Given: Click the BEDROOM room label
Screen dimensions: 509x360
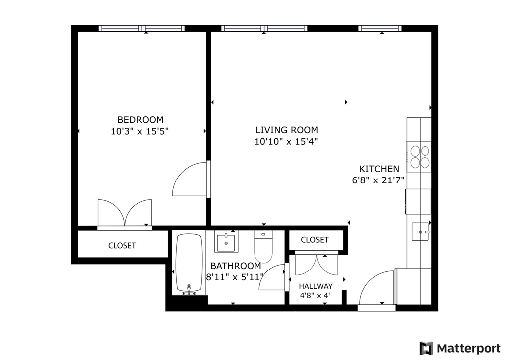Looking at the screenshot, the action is coord(140,120).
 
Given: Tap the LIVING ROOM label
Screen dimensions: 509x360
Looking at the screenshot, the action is coord(287,130).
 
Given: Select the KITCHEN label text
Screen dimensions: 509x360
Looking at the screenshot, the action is coord(379,169).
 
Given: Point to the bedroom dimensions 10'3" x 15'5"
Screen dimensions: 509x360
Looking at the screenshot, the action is coord(140,131).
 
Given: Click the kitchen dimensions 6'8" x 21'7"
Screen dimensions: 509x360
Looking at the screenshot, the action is coord(378,180).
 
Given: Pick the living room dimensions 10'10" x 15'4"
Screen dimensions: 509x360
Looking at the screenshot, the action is coord(286,142).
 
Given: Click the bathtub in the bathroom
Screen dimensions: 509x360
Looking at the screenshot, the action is coord(189,264).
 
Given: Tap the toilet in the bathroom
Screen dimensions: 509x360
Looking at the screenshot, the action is coord(263,246).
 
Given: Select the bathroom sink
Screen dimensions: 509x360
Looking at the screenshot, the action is coord(226,241).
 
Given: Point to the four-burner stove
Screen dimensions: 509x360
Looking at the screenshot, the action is coord(420,157).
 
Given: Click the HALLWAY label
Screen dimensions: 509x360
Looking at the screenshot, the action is coord(316,286).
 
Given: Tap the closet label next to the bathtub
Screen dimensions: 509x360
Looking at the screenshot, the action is coord(122,246).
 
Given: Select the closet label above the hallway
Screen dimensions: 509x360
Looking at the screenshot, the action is coord(315,240).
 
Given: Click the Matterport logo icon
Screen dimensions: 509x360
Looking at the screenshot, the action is coord(426,348).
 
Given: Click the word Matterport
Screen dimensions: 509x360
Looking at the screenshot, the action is coord(469,348).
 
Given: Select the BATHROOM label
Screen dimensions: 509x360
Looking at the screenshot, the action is coord(236,266).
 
